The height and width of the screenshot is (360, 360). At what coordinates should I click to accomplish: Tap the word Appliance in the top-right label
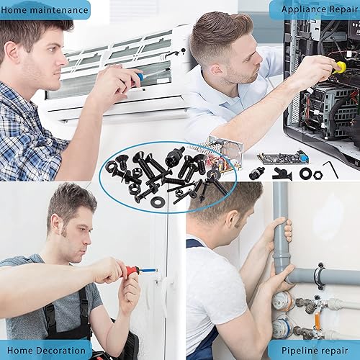tap(303, 10)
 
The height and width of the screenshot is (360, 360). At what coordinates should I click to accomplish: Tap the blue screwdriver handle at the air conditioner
tap(140, 76)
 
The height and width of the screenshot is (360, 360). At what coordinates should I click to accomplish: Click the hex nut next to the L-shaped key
tap(317, 174)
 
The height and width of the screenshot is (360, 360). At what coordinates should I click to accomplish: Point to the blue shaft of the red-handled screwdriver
tap(148, 271)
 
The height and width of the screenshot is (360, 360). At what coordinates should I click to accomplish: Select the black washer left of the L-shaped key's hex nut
tap(305, 173)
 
